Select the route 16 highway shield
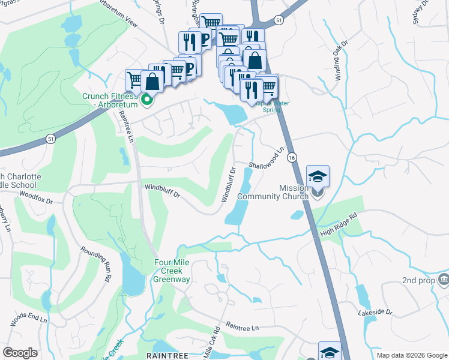(291, 157)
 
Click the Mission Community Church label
(273, 192)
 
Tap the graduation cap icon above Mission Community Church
(318, 176)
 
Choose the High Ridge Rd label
(339, 224)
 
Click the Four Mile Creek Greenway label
(172, 271)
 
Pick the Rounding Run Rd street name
(96, 264)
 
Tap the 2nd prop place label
(418, 280)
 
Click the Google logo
(20, 353)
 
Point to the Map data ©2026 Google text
(411, 355)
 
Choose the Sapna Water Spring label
(272, 103)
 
